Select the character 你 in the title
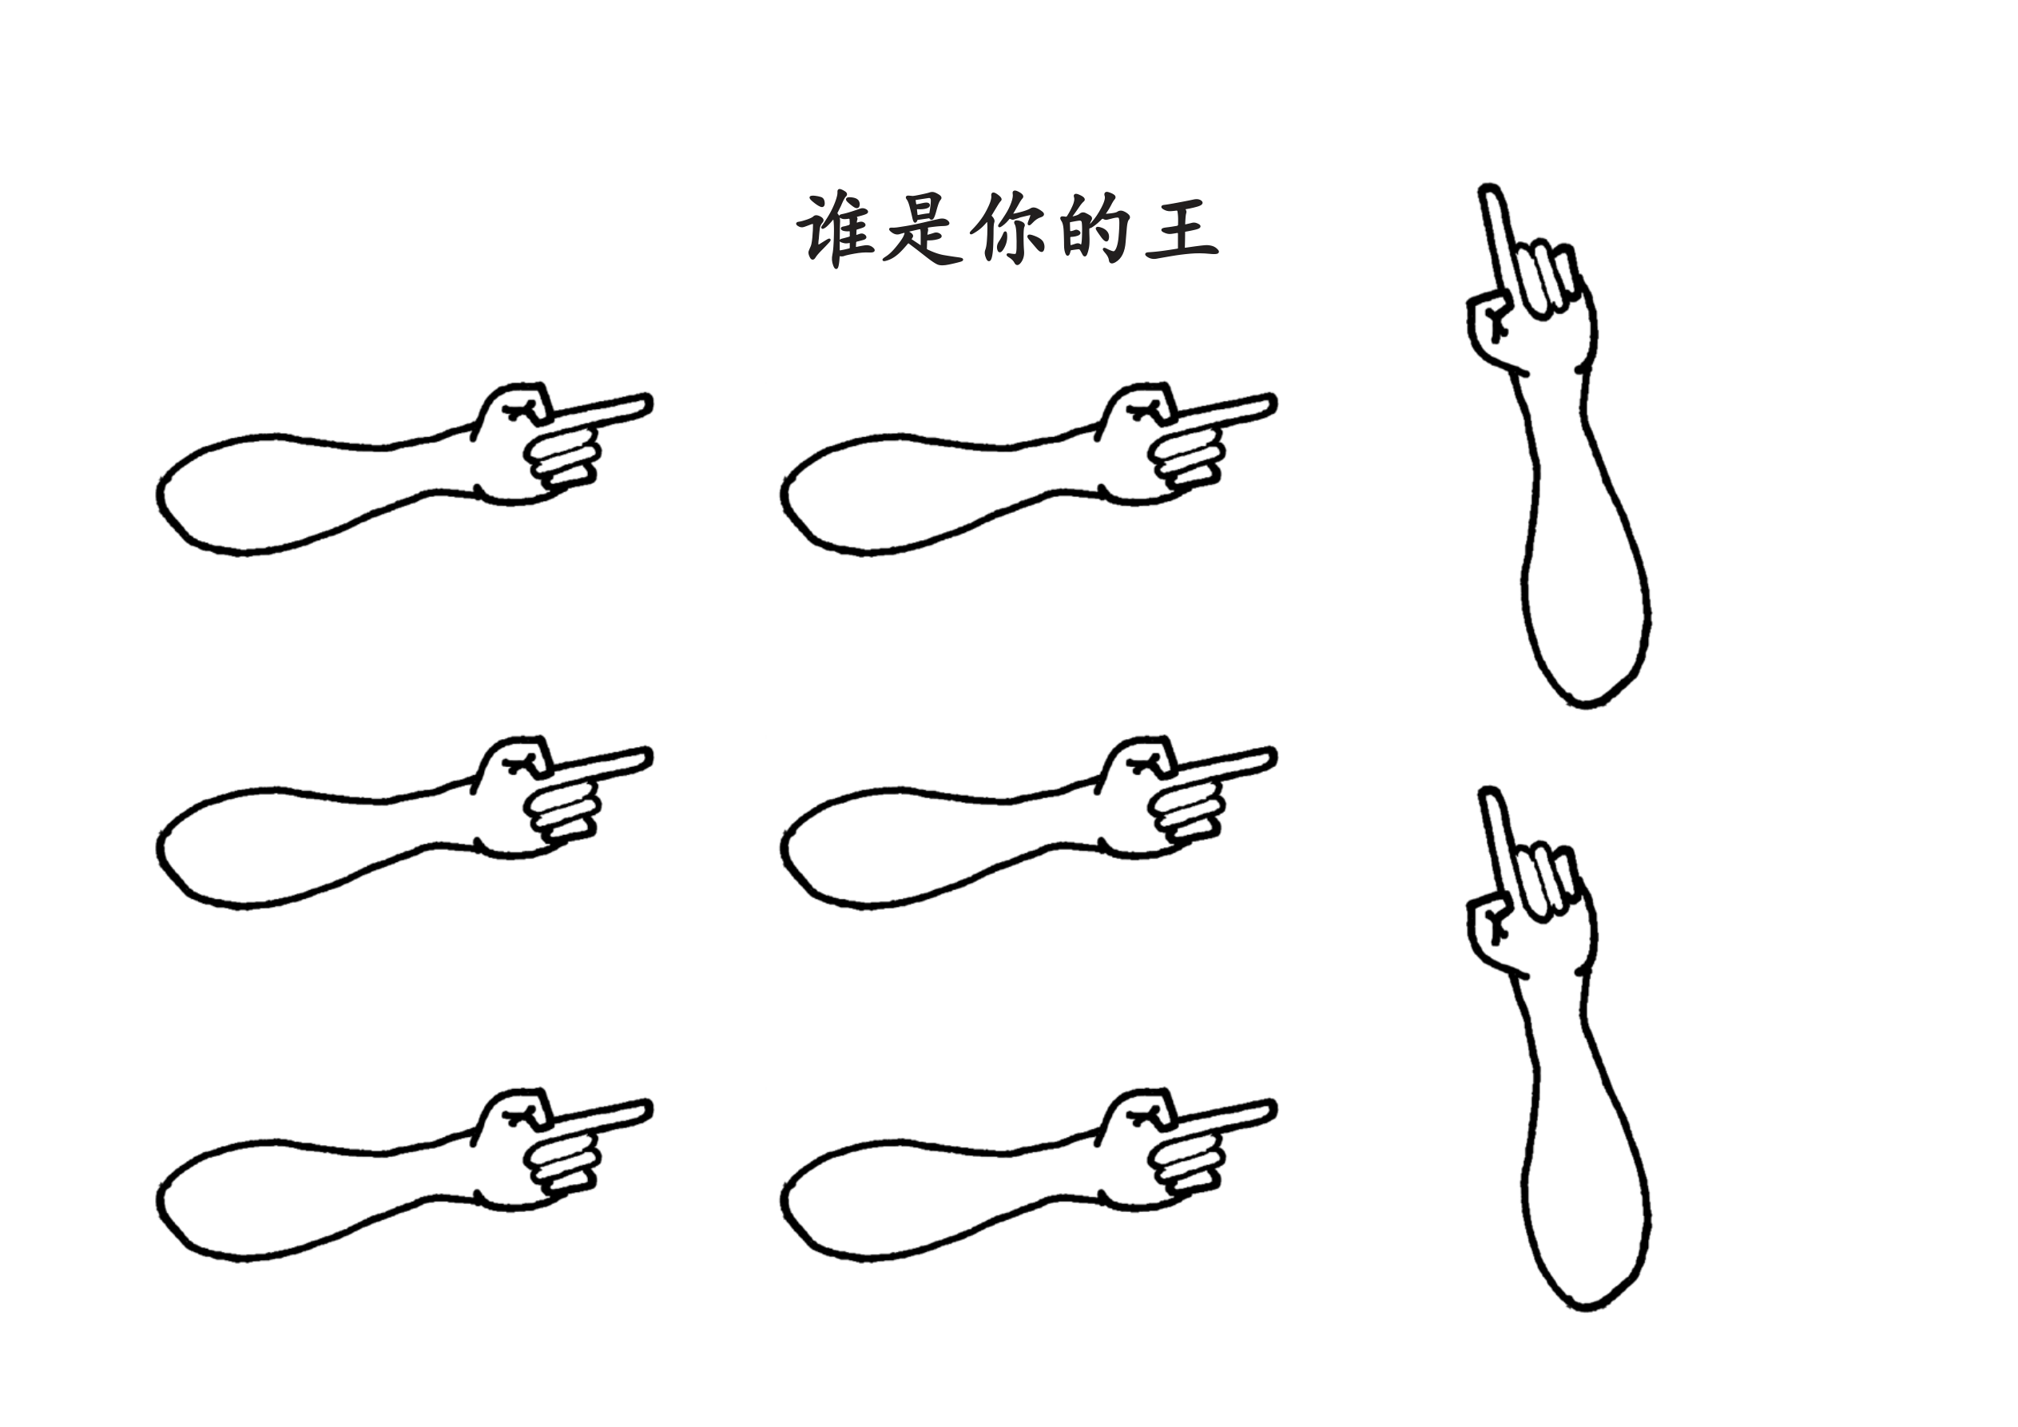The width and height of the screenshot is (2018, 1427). point(1008,229)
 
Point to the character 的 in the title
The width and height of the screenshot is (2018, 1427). point(1094,229)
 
